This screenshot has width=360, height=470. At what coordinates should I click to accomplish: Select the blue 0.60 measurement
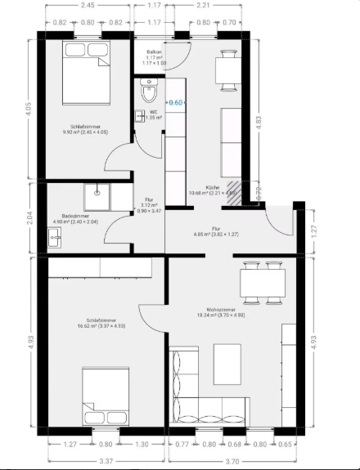(176, 103)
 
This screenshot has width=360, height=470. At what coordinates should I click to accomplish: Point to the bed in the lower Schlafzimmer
(105, 395)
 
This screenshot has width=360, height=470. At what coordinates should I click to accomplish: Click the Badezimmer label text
(74, 217)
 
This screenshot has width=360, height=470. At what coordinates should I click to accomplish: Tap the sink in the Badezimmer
(56, 236)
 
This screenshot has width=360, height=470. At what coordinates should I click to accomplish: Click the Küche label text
(212, 188)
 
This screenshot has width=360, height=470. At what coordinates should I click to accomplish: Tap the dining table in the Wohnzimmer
(262, 283)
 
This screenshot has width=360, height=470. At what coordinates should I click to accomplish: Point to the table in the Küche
(227, 71)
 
